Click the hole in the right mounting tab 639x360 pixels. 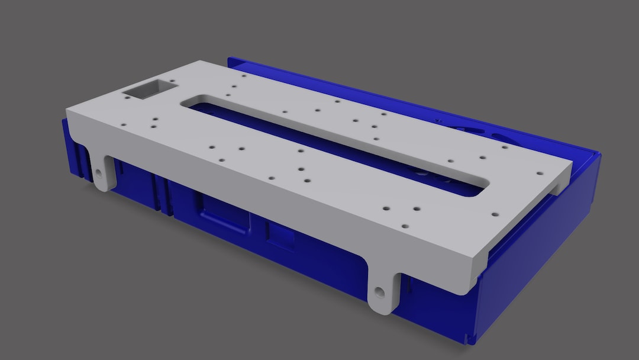pos(379,291)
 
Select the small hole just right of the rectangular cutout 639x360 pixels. pos(172,82)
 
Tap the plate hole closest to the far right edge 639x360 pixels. pos(540,173)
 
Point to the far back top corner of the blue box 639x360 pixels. pos(230,59)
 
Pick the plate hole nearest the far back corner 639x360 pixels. pos(243,76)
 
